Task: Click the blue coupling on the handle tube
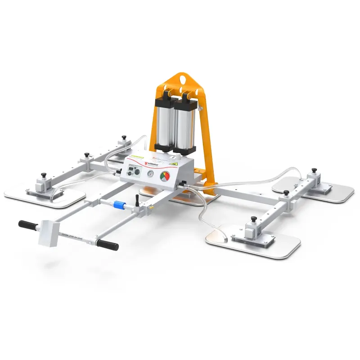click(119, 205)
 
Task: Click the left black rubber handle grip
click(27, 224)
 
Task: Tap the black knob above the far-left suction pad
click(44, 175)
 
